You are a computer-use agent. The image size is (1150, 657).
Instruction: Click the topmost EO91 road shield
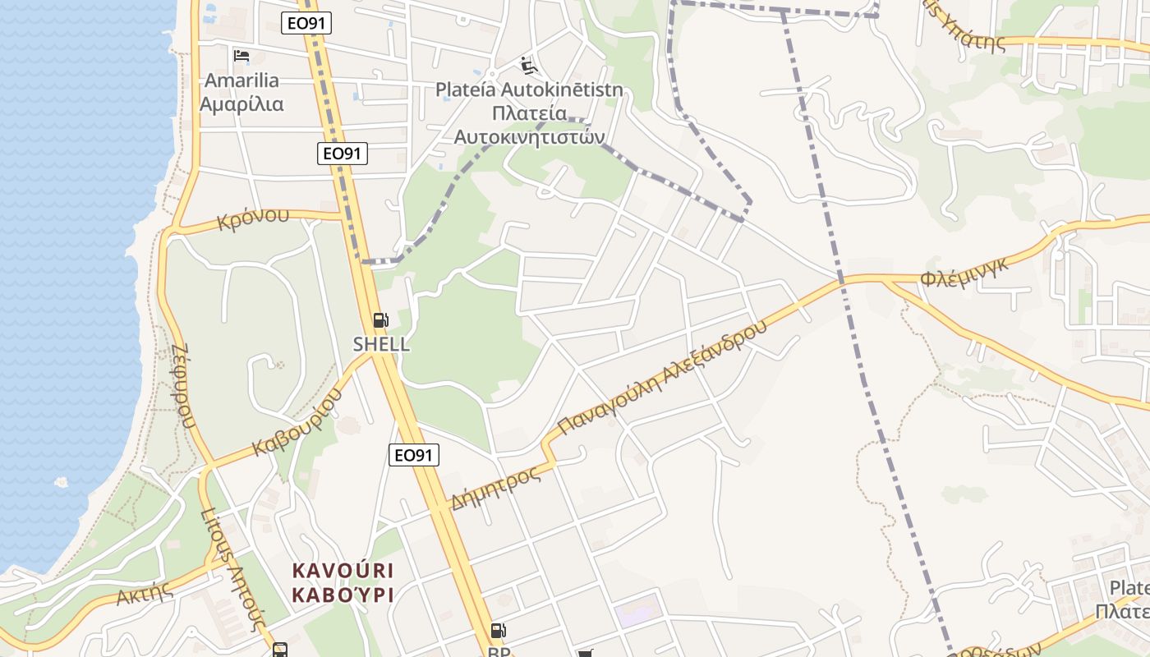click(306, 23)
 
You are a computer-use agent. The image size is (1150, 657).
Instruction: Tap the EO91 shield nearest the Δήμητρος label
click(414, 455)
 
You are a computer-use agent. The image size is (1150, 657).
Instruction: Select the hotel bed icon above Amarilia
click(241, 56)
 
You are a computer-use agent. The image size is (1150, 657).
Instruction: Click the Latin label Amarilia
click(241, 80)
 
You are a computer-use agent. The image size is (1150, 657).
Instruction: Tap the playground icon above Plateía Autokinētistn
click(529, 65)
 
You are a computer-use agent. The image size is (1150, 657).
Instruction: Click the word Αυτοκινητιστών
click(530, 136)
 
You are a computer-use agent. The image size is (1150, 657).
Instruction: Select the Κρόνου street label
click(253, 218)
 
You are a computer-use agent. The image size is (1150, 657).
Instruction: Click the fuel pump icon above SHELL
click(380, 320)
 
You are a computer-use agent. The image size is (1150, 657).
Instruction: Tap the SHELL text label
click(381, 344)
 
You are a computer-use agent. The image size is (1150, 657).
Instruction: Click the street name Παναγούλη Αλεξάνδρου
click(662, 377)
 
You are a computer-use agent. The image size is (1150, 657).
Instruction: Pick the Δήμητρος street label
click(495, 487)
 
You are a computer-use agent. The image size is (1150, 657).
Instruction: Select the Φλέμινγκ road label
click(964, 272)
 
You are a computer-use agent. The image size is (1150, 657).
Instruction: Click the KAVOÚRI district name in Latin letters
click(343, 570)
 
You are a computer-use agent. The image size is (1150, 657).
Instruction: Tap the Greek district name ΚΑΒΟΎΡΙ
click(343, 595)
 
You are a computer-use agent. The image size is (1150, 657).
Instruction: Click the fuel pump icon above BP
click(498, 631)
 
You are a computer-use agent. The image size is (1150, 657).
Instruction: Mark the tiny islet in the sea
click(60, 482)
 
